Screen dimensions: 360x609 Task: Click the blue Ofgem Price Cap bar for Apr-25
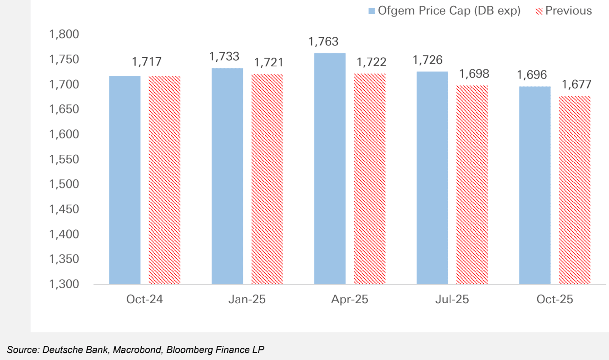330,169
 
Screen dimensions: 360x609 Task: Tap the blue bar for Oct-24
125,180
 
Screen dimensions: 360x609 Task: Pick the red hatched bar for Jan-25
267,179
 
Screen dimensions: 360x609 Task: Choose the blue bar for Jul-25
432,178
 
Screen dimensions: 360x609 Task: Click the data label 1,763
323,42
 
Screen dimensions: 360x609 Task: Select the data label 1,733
224,56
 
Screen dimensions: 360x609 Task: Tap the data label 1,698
474,74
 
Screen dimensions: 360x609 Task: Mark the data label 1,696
532,75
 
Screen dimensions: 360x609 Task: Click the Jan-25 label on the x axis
248,300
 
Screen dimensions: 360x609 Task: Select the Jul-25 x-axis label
452,300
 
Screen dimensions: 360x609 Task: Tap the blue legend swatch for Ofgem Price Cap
371,11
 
